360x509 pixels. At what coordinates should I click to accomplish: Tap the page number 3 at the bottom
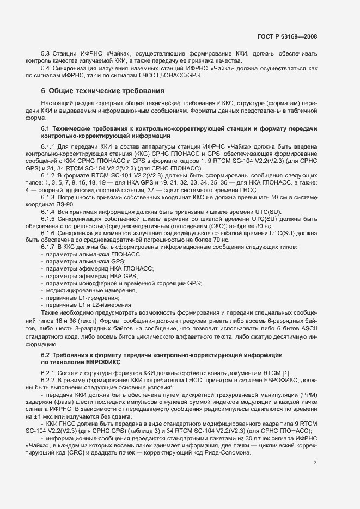pos(315,463)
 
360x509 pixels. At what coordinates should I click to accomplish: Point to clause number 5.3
pos(46,53)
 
